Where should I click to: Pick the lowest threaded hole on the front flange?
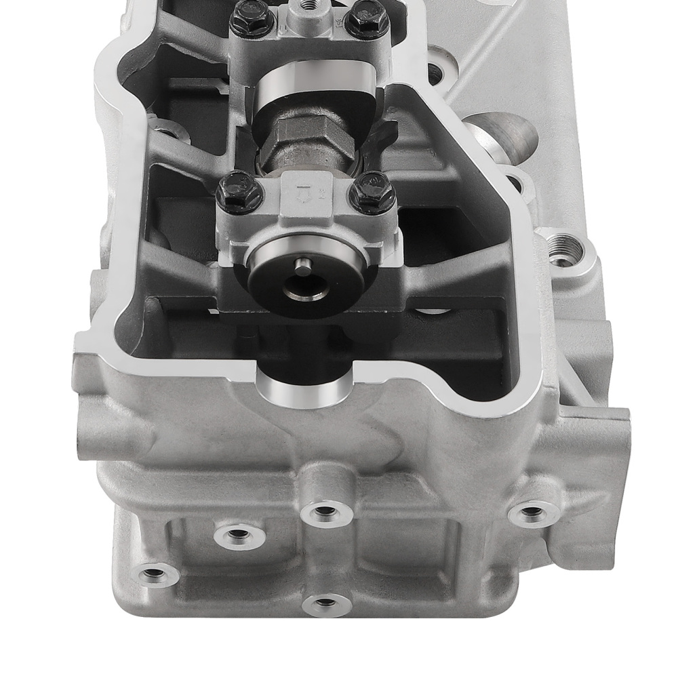click(x=326, y=602)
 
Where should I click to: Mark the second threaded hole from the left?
click(x=237, y=534)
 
